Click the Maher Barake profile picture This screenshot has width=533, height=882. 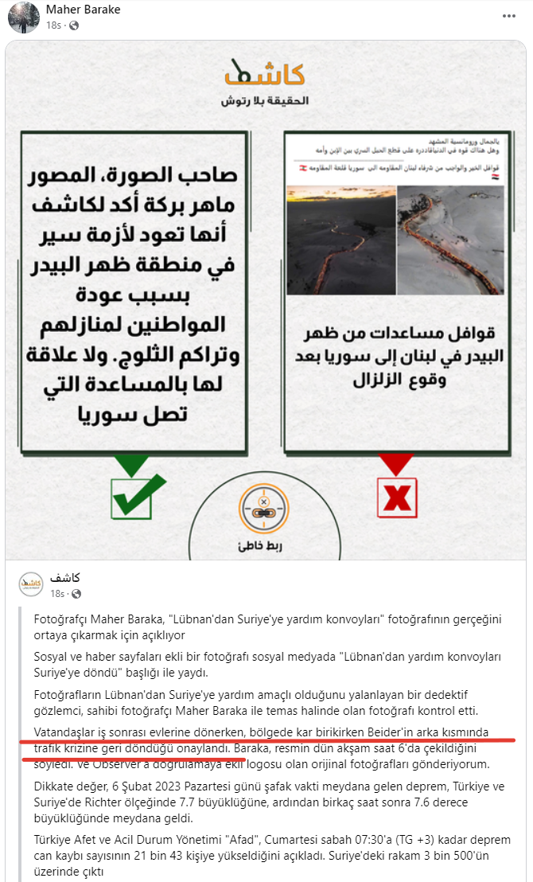[x=23, y=18]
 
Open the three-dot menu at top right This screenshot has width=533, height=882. [x=508, y=16]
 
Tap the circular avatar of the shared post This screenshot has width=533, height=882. [x=31, y=584]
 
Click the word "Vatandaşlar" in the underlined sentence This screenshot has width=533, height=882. [x=68, y=732]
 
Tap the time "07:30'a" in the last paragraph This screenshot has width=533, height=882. [x=362, y=840]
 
